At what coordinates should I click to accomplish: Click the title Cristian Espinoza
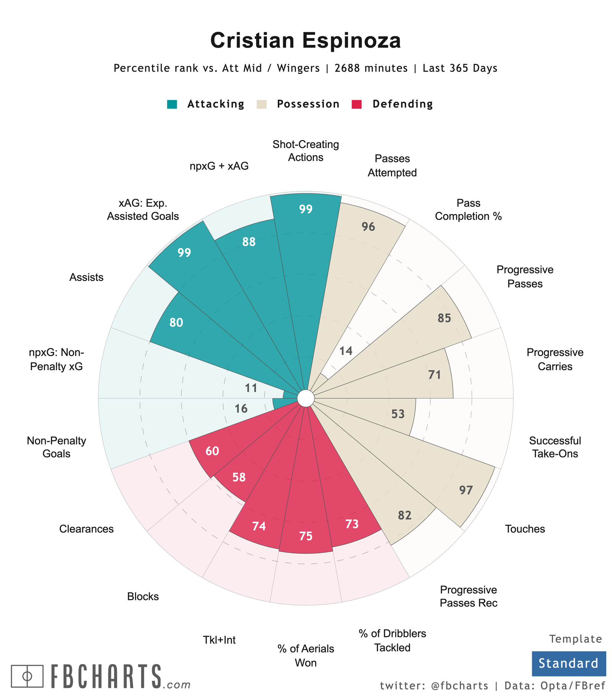306,41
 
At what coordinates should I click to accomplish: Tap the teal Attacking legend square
172,104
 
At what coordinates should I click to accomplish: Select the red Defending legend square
356,104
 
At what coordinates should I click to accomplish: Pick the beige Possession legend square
262,104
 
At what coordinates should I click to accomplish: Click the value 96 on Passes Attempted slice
368,227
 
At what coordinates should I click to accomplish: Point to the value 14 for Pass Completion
346,351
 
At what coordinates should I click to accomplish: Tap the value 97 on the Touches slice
466,490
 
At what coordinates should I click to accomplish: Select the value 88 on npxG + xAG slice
249,242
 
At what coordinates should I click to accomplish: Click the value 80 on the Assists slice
176,323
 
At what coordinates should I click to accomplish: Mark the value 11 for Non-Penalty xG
251,388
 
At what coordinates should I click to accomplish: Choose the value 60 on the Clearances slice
212,451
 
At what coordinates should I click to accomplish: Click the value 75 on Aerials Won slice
306,536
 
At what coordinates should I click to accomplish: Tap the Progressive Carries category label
555,359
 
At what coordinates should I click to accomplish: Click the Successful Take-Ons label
555,447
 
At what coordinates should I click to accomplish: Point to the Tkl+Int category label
219,640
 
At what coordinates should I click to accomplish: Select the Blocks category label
143,596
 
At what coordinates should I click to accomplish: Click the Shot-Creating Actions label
306,151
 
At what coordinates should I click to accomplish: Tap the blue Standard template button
568,663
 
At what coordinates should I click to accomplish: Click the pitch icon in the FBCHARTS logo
27,676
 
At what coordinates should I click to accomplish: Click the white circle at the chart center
306,398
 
